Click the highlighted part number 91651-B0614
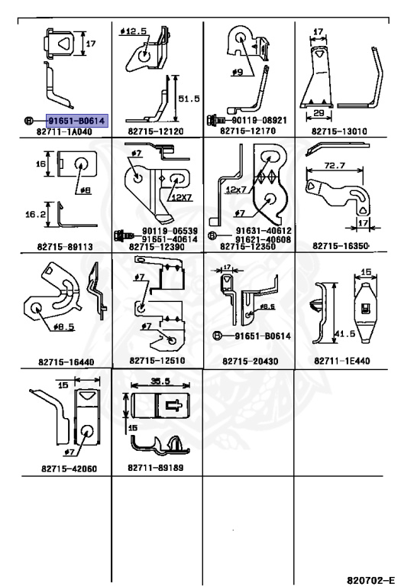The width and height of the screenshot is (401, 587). point(76,121)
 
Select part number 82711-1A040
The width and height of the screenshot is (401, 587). point(64,131)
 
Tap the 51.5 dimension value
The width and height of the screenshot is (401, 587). point(189,99)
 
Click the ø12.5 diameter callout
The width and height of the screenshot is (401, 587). point(134,31)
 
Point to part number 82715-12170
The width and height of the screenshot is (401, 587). point(247,131)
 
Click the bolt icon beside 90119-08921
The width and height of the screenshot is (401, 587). point(216,120)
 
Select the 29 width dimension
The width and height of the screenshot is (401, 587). point(319,112)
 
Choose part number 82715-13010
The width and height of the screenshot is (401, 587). point(339,131)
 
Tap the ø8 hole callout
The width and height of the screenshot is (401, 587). point(86,190)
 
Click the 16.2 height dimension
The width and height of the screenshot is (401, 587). point(36,215)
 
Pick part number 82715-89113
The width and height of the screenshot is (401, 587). point(65,246)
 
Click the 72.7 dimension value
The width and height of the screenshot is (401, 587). point(335,165)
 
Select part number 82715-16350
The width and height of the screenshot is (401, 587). point(341,245)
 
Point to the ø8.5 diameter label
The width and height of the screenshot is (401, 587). point(63,326)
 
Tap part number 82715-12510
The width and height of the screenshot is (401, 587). point(157,361)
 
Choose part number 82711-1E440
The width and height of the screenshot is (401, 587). point(342,361)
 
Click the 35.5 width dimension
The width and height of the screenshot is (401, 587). point(160,381)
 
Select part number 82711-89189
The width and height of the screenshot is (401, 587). point(156,468)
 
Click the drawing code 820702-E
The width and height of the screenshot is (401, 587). point(371,580)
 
